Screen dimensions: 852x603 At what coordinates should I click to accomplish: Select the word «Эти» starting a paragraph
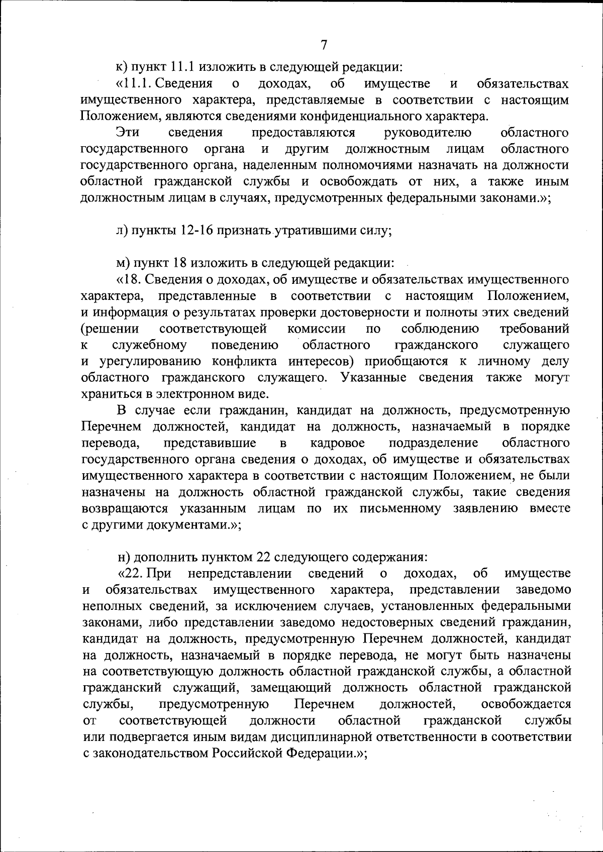pos(128,133)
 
